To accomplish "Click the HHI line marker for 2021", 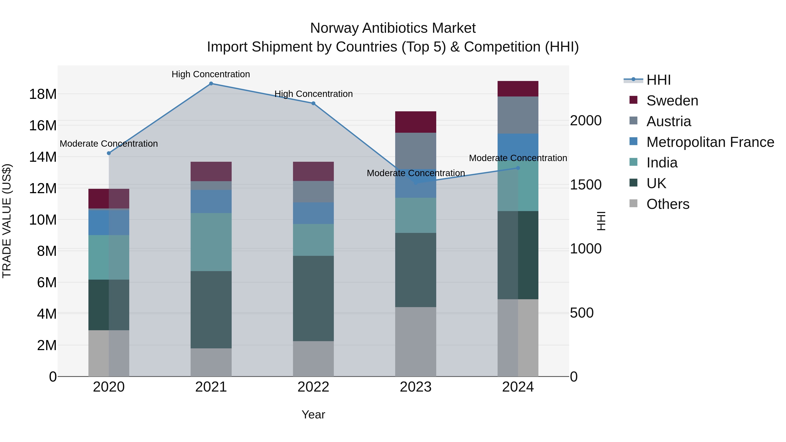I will click(x=211, y=84).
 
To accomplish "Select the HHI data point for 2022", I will click(x=313, y=103).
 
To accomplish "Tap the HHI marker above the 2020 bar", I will click(x=109, y=153).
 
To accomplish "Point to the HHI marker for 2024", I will click(x=518, y=168).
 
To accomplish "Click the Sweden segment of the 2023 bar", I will click(x=415, y=122).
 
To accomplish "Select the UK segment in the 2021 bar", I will click(x=211, y=310).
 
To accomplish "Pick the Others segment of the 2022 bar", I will click(x=313, y=359).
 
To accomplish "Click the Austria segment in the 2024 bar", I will click(x=518, y=115).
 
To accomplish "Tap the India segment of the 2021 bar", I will click(x=211, y=242).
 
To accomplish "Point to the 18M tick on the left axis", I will click(x=43, y=94).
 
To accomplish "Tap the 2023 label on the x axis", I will click(x=415, y=387).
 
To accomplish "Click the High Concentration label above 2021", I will click(x=211, y=74).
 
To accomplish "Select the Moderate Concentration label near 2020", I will click(x=109, y=143).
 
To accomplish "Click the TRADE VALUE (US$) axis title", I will click(x=7, y=221).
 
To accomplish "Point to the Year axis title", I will click(x=313, y=414).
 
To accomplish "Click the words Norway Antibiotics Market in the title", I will click(x=393, y=28).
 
